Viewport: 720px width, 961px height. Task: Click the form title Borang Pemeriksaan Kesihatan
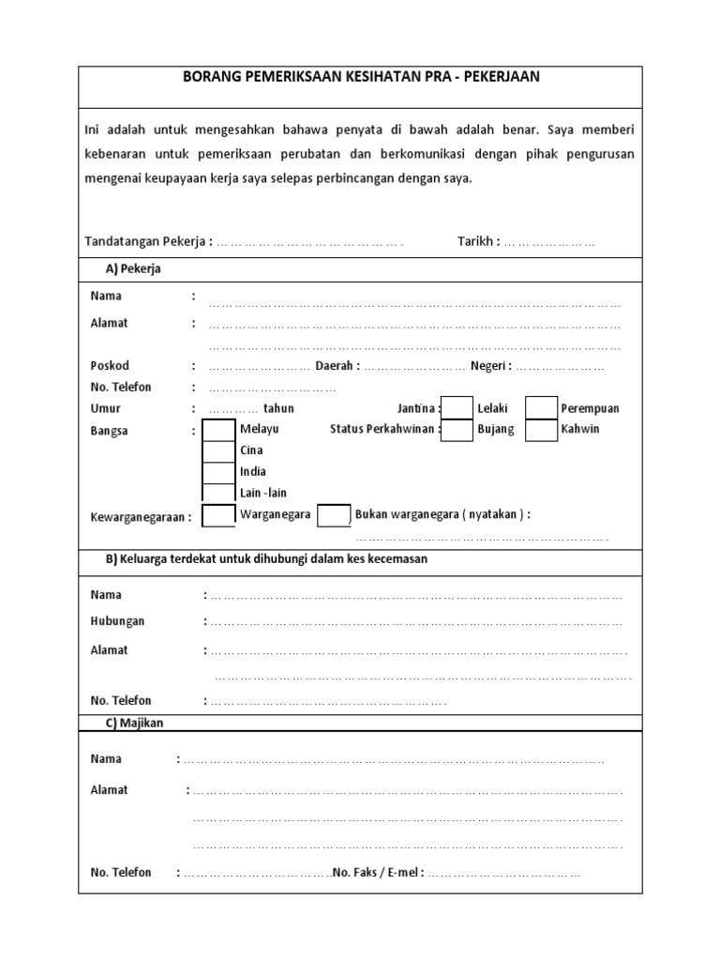coord(360,77)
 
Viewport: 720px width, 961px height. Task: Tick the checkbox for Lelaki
coord(457,407)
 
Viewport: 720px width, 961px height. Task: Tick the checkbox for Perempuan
coord(541,407)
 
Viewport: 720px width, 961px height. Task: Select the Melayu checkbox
coord(219,429)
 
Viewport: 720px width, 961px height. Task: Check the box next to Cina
coord(219,450)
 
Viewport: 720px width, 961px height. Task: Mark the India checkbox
coord(219,472)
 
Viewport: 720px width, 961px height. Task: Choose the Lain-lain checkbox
coord(219,493)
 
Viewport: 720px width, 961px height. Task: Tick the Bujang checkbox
coord(457,429)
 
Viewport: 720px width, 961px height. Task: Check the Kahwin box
coord(541,429)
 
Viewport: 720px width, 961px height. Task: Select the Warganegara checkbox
coord(219,515)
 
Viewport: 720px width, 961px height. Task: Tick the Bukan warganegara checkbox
coord(334,515)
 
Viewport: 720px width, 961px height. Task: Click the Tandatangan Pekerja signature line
coord(309,243)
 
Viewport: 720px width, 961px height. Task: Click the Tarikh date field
coord(549,243)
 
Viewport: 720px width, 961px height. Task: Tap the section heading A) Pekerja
coord(134,269)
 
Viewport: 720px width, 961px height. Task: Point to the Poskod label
coord(110,366)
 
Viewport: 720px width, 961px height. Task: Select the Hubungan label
coord(117,621)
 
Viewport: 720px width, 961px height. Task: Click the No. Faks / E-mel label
coord(379,873)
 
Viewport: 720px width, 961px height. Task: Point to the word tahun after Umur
coord(278,408)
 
